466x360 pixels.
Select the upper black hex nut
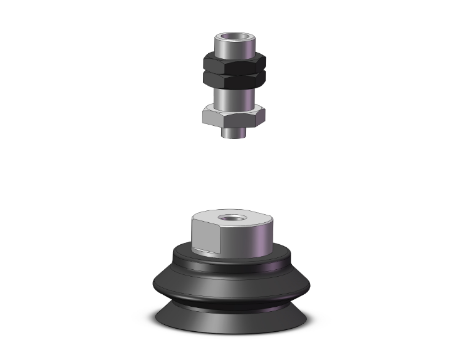tap(234, 63)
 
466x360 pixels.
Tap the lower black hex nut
tap(234, 80)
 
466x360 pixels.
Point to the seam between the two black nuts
tap(234, 71)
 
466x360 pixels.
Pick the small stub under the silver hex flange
tap(234, 133)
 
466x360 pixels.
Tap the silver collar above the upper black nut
tap(234, 48)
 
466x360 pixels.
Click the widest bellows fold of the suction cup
tap(233, 285)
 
